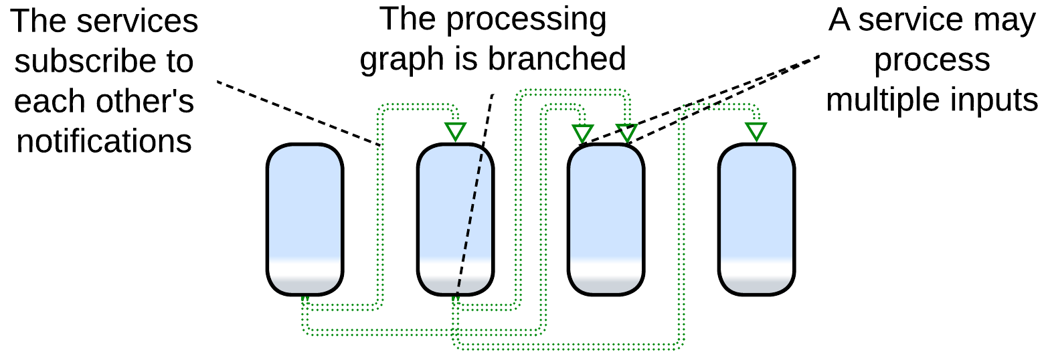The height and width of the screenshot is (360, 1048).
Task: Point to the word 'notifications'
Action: (x=104, y=142)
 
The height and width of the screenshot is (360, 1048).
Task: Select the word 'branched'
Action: (x=556, y=59)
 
